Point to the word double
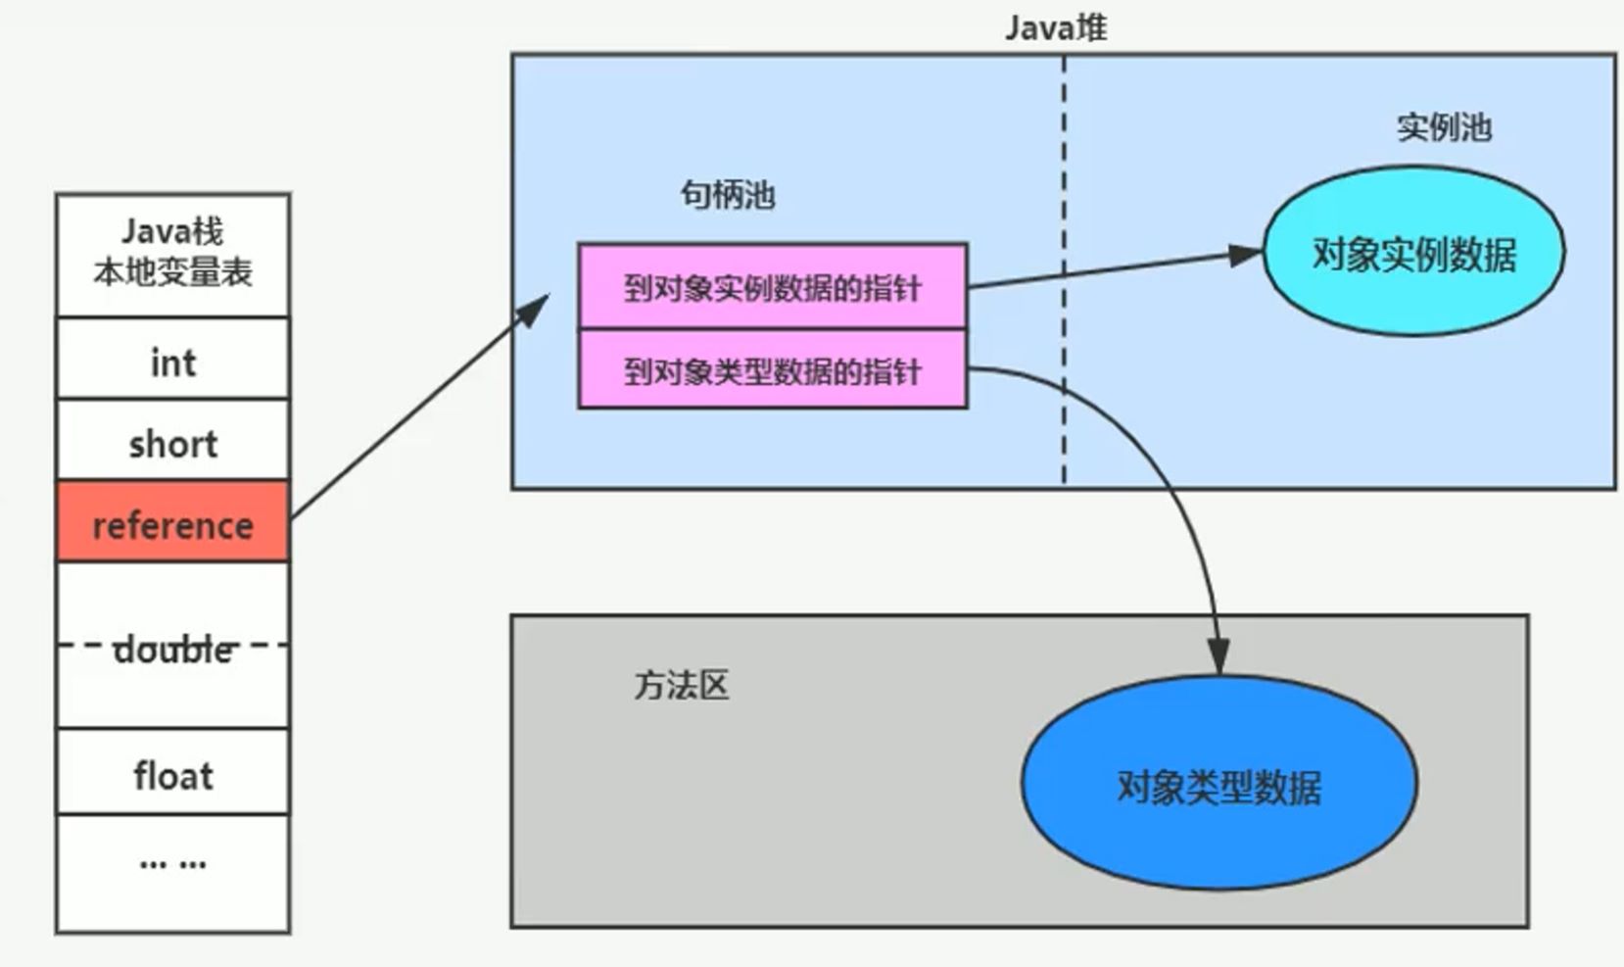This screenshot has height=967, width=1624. point(172,649)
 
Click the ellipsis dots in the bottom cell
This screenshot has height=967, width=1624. point(172,863)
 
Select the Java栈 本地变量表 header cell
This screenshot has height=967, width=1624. point(172,253)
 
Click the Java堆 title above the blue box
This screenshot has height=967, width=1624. point(1055,26)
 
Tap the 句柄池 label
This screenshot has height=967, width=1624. point(728,195)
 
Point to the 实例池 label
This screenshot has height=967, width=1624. point(1444,127)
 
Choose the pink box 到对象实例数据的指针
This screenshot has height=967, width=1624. point(772,287)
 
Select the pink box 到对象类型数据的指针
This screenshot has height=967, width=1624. point(772,370)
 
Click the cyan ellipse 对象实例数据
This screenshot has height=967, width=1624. point(1413,253)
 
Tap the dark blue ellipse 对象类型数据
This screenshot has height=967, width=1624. point(1218,785)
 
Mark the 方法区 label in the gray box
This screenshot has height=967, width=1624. point(682,685)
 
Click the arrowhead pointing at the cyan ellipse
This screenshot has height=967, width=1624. point(1246,255)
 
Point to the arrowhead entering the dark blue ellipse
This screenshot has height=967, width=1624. point(1218,656)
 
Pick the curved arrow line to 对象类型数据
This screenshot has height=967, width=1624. point(1166,470)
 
